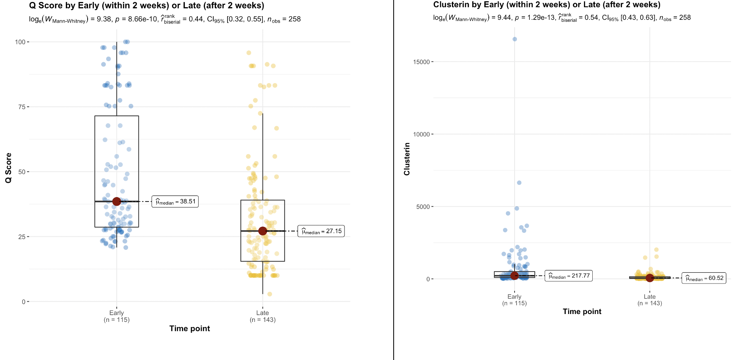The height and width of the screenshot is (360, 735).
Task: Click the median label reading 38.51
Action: [175, 201]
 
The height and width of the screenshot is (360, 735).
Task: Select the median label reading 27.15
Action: [321, 231]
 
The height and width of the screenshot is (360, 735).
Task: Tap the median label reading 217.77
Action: [568, 276]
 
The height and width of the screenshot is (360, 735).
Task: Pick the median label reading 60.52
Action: [704, 278]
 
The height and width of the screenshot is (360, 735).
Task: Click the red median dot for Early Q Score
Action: [117, 201]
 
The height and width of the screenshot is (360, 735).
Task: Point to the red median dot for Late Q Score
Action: [262, 231]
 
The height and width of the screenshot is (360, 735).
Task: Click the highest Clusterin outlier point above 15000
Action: [515, 39]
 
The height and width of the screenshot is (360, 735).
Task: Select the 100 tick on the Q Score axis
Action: [20, 42]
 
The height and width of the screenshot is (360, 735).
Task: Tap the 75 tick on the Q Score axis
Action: [22, 107]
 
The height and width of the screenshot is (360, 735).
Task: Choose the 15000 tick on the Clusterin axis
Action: [421, 62]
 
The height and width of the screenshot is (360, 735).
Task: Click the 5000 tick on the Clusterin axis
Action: [423, 207]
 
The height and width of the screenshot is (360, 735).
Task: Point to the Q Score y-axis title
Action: [8, 168]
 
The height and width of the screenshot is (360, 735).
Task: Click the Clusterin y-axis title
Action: [407, 159]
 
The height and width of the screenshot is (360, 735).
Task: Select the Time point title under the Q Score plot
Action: [189, 328]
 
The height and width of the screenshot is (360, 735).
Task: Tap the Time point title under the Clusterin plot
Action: [582, 312]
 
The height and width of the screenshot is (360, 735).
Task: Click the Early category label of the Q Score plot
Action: [117, 313]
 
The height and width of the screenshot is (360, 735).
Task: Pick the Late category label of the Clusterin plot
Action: [649, 297]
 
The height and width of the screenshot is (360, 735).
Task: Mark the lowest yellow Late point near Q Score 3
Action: [270, 294]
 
